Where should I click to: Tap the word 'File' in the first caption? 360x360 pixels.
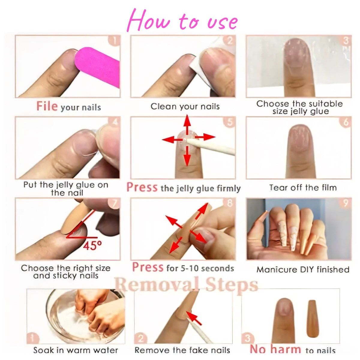47,106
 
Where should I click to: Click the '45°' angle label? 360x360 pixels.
92,245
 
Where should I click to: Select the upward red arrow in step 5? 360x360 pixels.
187,126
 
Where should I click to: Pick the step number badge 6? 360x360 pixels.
346,122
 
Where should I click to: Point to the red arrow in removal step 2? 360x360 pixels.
194,318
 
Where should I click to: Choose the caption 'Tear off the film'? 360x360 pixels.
303,187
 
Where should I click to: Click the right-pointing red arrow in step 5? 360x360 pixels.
205,137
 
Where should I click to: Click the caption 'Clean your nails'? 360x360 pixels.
185,106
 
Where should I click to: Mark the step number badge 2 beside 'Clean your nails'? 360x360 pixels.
230,40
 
